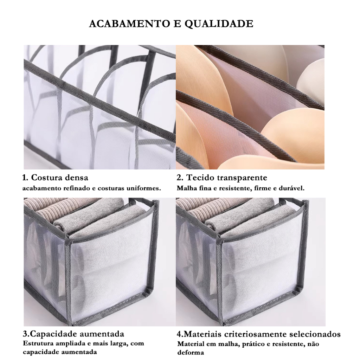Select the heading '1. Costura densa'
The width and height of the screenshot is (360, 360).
point(55,178)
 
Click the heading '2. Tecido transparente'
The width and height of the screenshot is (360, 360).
point(222,178)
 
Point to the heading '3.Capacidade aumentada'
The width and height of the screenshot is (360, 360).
point(73,334)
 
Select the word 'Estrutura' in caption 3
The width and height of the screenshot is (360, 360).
point(37,343)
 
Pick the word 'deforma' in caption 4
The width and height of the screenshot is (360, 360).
point(191,352)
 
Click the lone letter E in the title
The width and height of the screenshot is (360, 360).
point(177,24)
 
